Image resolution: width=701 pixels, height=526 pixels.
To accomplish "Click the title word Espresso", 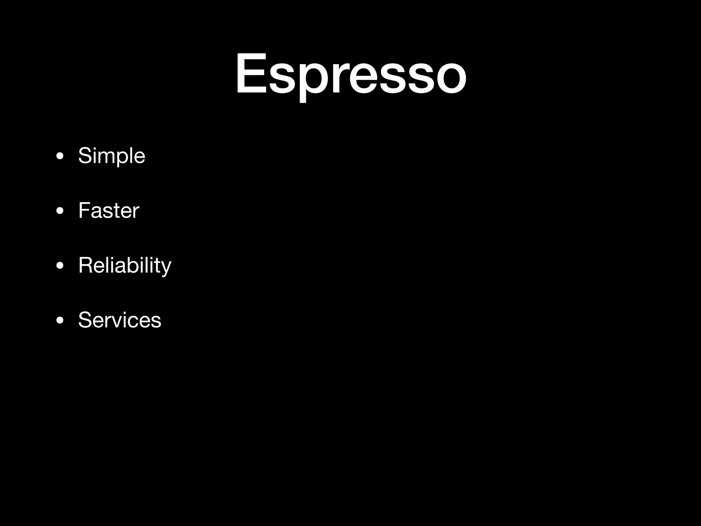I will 350,74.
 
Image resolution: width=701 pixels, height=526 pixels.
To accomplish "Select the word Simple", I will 112,156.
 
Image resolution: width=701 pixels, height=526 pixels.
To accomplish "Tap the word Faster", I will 109,210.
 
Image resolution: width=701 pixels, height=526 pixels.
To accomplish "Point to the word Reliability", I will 125,265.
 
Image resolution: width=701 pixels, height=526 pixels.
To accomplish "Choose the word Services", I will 119,320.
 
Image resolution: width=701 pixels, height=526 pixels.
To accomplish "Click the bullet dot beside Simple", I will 60,156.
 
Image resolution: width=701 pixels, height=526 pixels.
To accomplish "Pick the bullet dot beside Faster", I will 60,211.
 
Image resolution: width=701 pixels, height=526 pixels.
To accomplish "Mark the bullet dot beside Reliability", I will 60,266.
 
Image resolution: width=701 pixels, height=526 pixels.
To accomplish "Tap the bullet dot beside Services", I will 60,321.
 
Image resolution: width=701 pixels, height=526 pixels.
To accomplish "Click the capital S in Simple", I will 85,155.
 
